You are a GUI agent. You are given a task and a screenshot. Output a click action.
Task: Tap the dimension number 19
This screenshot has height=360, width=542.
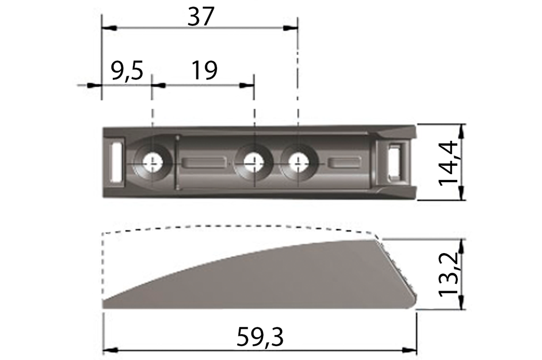tap(204, 70)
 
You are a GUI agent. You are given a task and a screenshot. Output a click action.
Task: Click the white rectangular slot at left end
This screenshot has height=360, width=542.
tap(115, 161)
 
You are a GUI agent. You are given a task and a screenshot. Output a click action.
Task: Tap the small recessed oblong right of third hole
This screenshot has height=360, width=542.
tap(345, 163)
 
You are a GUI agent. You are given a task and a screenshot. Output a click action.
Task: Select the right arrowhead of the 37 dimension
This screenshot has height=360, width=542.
tap(292, 28)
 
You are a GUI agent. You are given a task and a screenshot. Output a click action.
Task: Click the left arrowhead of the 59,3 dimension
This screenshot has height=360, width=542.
tap(109, 350)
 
